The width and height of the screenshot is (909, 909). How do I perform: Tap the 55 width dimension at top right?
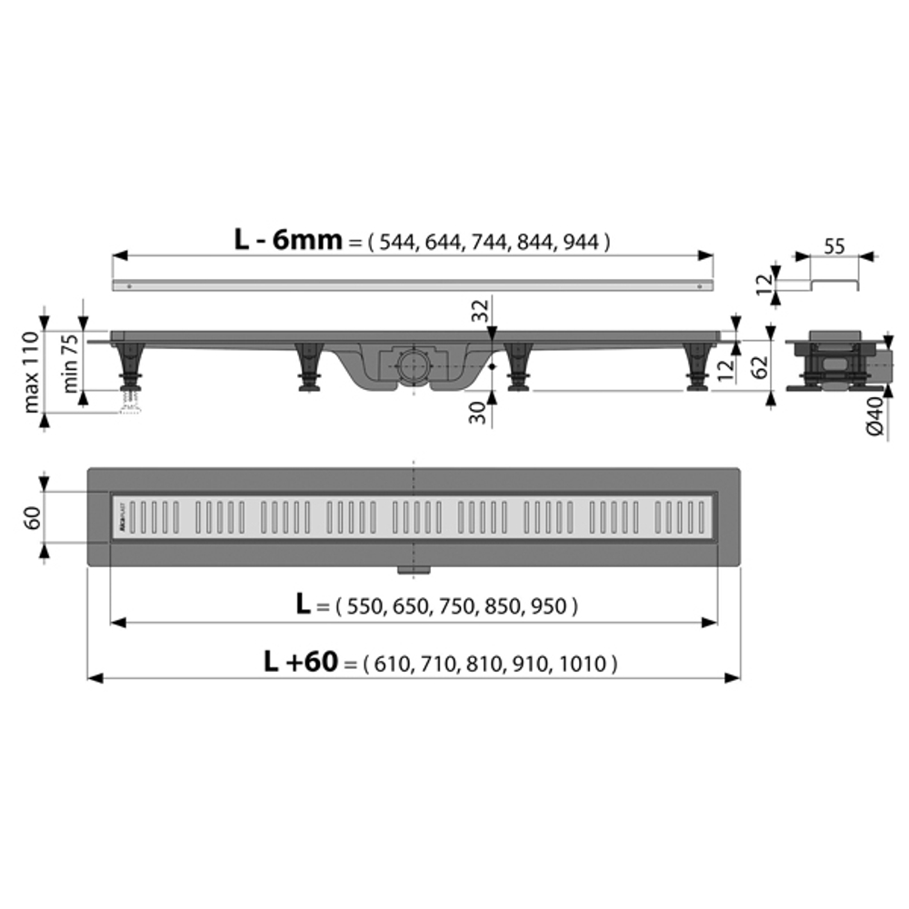(x=834, y=245)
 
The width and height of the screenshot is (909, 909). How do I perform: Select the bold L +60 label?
(x=300, y=663)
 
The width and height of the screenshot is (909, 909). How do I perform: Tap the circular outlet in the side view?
(x=415, y=365)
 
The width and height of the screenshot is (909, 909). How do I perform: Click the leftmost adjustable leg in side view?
(x=131, y=369)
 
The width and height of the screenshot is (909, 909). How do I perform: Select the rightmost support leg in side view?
(x=697, y=367)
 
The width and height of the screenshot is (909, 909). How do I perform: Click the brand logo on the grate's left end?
(x=119, y=517)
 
